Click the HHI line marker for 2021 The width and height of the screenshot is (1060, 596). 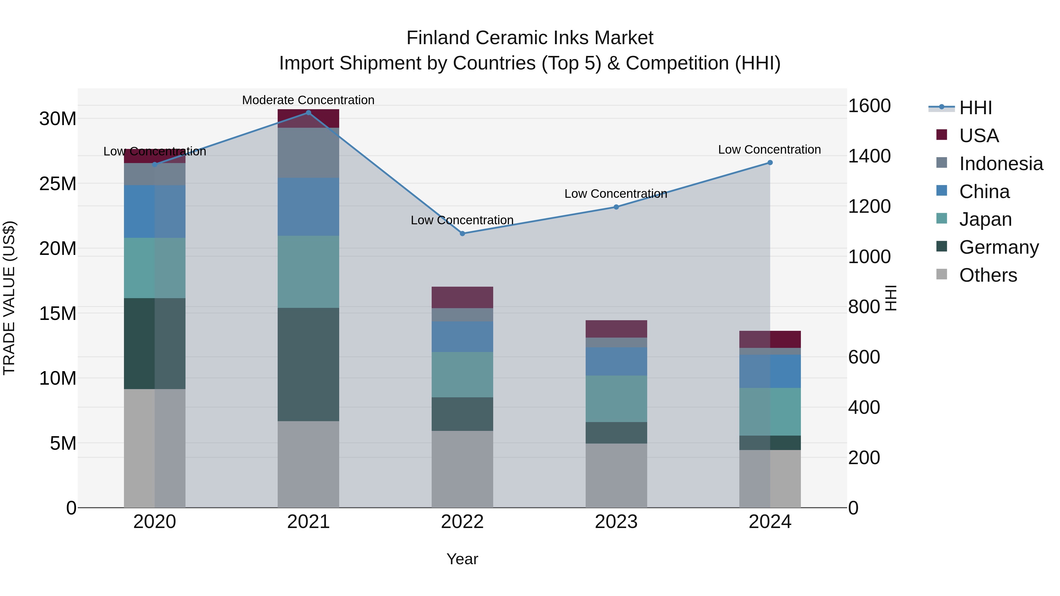click(x=309, y=113)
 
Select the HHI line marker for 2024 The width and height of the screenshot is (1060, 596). click(x=770, y=163)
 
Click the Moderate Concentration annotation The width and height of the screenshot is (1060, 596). click(x=308, y=100)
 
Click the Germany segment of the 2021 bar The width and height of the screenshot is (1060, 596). click(x=308, y=364)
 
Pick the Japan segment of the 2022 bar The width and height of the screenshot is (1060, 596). click(x=462, y=375)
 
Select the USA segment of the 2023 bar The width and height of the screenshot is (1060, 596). click(x=616, y=329)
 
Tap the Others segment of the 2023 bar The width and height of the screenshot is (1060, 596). click(x=616, y=476)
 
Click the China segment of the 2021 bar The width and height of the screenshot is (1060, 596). click(x=308, y=207)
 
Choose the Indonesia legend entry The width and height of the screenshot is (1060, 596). click(x=1001, y=164)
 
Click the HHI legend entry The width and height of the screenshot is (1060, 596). click(x=975, y=108)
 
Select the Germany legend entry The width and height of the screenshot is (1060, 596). click(x=999, y=247)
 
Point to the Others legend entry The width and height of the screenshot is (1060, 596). click(x=988, y=275)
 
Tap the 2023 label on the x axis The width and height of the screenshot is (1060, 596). click(x=616, y=522)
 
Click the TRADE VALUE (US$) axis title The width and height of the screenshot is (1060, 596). click(x=9, y=298)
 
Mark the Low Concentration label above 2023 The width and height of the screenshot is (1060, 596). click(x=616, y=194)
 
